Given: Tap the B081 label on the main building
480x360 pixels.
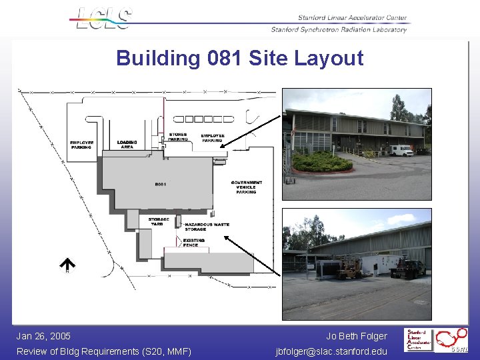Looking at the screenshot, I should (x=161, y=184).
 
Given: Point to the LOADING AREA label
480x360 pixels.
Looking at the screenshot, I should (x=127, y=144).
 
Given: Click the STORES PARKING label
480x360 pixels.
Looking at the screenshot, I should (x=178, y=137).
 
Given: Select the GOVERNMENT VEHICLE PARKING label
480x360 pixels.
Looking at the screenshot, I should (x=246, y=187).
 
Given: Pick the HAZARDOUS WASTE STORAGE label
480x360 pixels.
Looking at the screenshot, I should (x=207, y=227).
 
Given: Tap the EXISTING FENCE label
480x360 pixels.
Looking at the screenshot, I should (x=194, y=243).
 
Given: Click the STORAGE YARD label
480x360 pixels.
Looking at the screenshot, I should (x=159, y=221).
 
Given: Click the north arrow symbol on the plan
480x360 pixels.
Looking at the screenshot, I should (x=67, y=265).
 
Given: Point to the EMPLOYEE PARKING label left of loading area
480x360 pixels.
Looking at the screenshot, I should (x=82, y=144).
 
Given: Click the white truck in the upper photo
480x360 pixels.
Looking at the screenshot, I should (x=401, y=150).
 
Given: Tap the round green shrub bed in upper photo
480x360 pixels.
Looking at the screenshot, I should (x=323, y=161).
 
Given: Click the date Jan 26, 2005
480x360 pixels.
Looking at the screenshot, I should (x=43, y=337).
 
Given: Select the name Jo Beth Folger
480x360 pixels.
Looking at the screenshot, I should (x=356, y=337).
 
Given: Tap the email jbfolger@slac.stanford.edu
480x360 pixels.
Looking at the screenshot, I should (x=331, y=351).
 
